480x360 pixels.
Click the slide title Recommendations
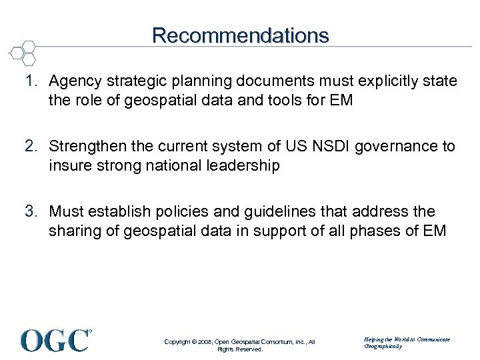[x=240, y=35]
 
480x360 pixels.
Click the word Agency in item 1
[x=73, y=82]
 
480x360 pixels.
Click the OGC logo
[x=56, y=339]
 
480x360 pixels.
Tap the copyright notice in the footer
[x=239, y=345]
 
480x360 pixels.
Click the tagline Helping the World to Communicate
[x=407, y=339]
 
